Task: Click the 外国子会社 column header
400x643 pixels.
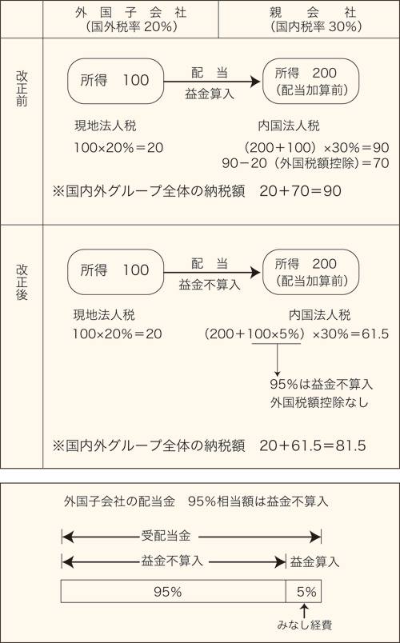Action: coord(131,13)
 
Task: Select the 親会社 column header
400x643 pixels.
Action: coord(313,13)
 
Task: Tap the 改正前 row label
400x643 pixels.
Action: coord(22,89)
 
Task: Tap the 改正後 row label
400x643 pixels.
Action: coord(22,282)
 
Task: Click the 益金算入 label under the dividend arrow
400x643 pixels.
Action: coord(210,94)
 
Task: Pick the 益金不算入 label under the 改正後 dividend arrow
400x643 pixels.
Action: coord(210,285)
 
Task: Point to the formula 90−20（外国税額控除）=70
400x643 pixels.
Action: coord(306,163)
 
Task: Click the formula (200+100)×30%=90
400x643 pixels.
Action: coord(316,147)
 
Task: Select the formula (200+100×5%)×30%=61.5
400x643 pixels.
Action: coord(296,333)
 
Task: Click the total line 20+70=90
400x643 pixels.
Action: coord(300,191)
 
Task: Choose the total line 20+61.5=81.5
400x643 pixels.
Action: coord(313,445)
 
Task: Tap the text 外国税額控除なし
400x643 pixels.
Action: coord(319,402)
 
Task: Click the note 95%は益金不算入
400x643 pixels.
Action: coord(322,384)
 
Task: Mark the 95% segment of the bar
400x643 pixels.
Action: coord(173,591)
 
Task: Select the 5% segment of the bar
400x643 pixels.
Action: coord(303,591)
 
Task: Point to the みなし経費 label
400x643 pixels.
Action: coord(305,625)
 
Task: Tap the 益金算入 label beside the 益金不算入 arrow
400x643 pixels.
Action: coord(314,561)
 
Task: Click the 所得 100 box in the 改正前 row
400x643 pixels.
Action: coord(116,81)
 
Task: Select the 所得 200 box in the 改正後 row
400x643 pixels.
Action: coord(310,272)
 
